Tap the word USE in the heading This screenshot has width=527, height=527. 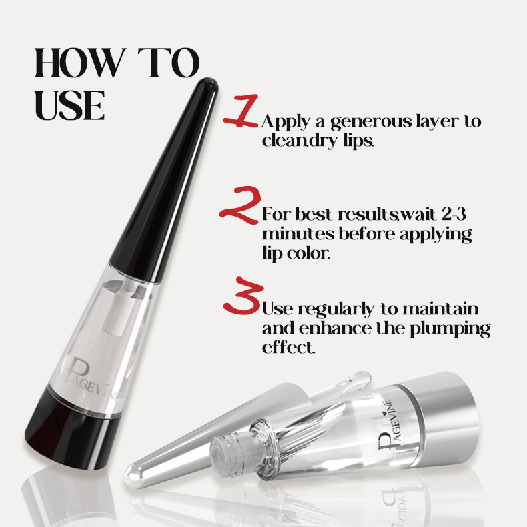(69, 105)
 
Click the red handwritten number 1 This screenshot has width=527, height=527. (240, 111)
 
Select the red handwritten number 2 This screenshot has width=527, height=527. (240, 205)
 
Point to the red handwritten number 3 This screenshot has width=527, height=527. (243, 296)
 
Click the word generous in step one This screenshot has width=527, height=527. (371, 122)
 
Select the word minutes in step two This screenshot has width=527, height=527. (298, 234)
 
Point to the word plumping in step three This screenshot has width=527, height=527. (450, 328)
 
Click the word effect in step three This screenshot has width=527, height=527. (288, 347)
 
